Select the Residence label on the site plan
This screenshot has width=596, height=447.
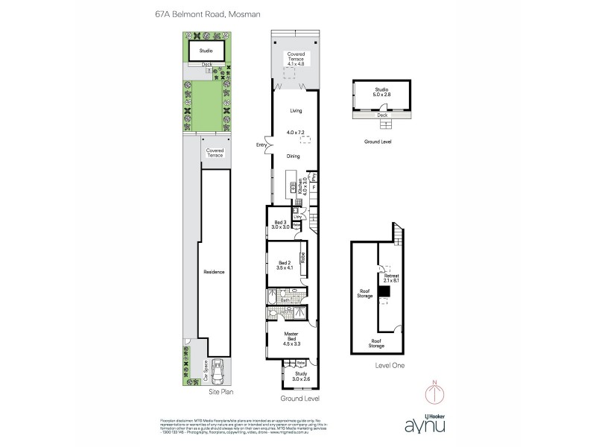(214, 272)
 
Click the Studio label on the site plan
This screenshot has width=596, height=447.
(206, 51)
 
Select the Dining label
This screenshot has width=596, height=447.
(296, 156)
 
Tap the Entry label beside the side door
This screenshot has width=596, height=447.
(261, 145)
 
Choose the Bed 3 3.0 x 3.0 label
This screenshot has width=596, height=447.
(281, 224)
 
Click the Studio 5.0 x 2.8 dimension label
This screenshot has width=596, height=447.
(382, 92)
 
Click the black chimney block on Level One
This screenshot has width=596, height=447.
(384, 294)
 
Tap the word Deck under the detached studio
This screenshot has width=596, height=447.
(381, 115)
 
